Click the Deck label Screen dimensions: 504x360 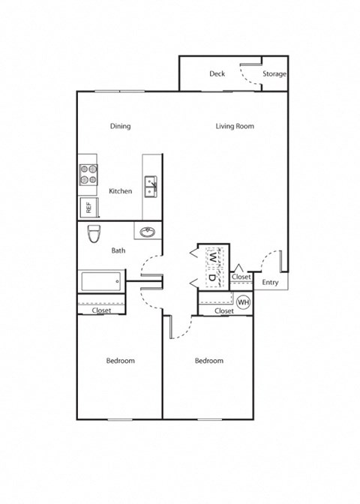click(217, 73)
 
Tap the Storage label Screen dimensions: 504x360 click(274, 73)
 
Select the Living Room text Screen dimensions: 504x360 click(235, 126)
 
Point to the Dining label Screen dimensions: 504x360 click(120, 126)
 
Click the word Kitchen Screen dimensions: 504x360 click(120, 191)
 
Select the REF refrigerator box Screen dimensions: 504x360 click(87, 208)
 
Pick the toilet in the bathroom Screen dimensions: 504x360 click(94, 235)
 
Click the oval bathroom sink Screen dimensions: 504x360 click(147, 231)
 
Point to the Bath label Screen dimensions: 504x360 click(118, 250)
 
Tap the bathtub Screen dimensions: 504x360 click(101, 283)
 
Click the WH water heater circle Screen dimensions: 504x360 click(243, 302)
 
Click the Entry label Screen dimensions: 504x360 click(270, 283)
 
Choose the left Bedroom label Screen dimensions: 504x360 click(120, 361)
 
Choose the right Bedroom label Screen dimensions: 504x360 click(209, 361)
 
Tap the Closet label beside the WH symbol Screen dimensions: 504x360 click(224, 310)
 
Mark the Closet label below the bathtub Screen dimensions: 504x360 click(101, 310)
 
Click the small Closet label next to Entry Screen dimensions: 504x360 click(241, 277)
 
